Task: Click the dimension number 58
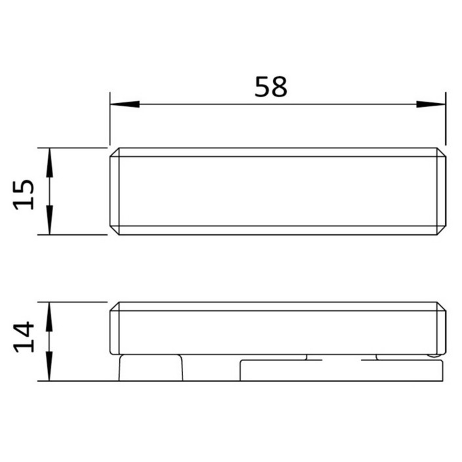point(270,87)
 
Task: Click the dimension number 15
point(24,195)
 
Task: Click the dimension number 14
point(24,337)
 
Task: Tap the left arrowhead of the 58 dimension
point(125,104)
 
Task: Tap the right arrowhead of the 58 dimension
point(430,104)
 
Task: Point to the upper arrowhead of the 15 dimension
point(49,163)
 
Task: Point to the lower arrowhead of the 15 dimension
point(49,220)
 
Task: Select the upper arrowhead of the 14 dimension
point(49,317)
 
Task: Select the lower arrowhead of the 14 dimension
point(49,366)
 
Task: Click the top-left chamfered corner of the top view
point(115,152)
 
